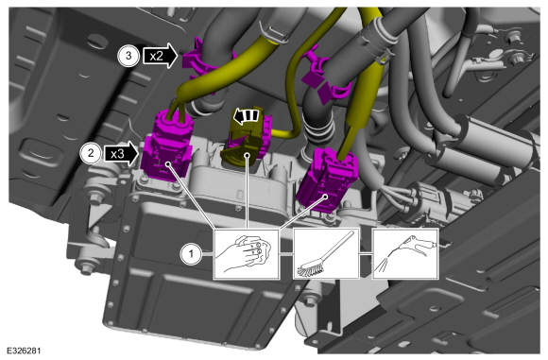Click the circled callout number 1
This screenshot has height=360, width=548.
[191, 254]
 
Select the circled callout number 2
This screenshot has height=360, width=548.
[91, 153]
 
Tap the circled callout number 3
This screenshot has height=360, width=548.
[128, 56]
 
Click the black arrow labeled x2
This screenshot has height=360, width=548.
[161, 56]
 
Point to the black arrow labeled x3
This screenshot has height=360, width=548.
[121, 153]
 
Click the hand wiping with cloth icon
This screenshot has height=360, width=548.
[247, 254]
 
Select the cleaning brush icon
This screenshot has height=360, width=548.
[326, 254]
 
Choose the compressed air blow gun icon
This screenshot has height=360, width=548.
[405, 254]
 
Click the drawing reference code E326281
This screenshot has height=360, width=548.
[24, 351]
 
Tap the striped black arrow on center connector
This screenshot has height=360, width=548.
[247, 116]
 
